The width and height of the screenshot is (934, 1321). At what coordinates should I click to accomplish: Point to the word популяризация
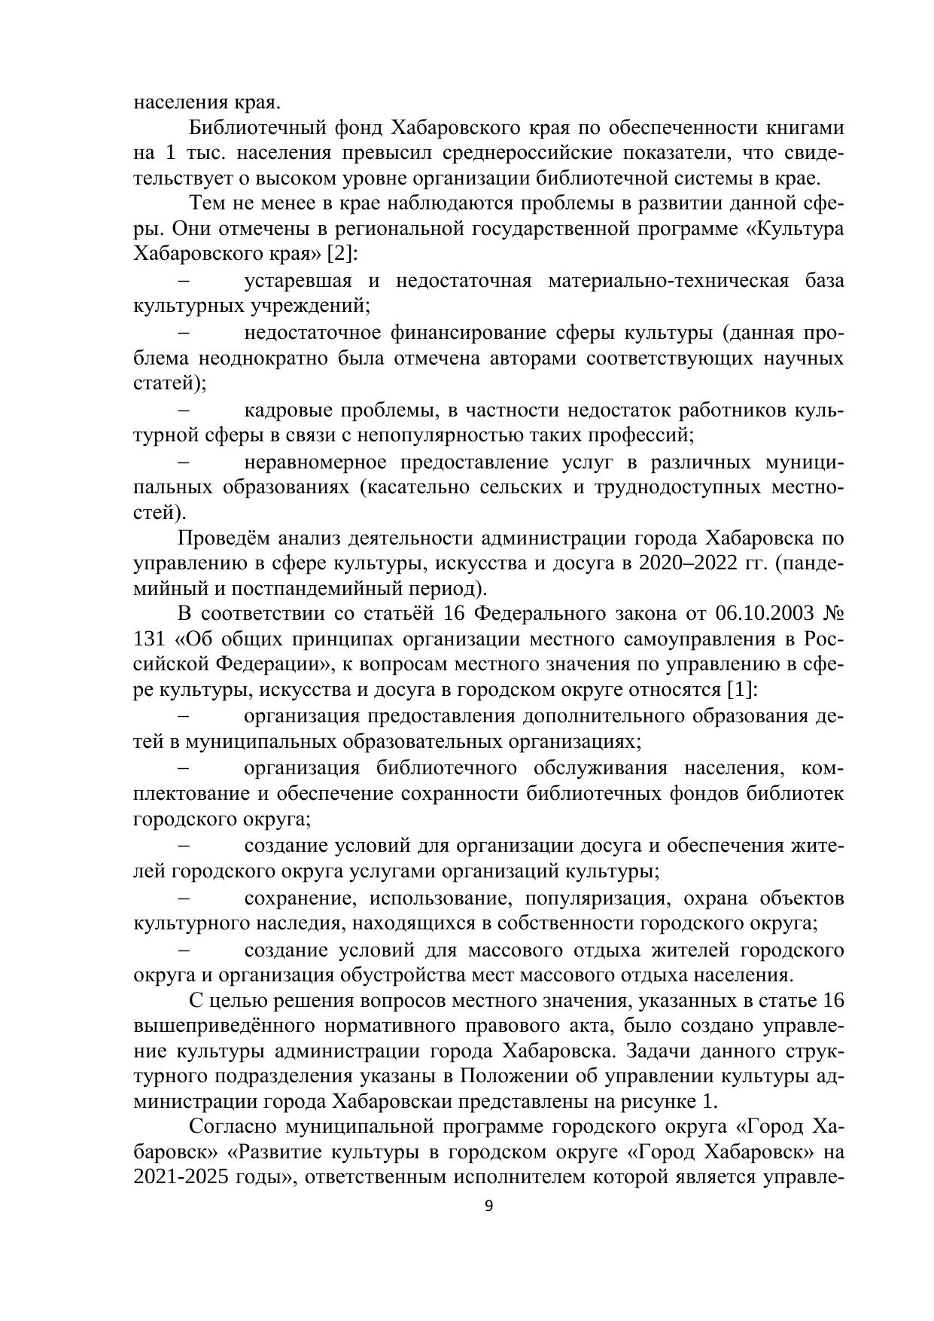tap(595, 898)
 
